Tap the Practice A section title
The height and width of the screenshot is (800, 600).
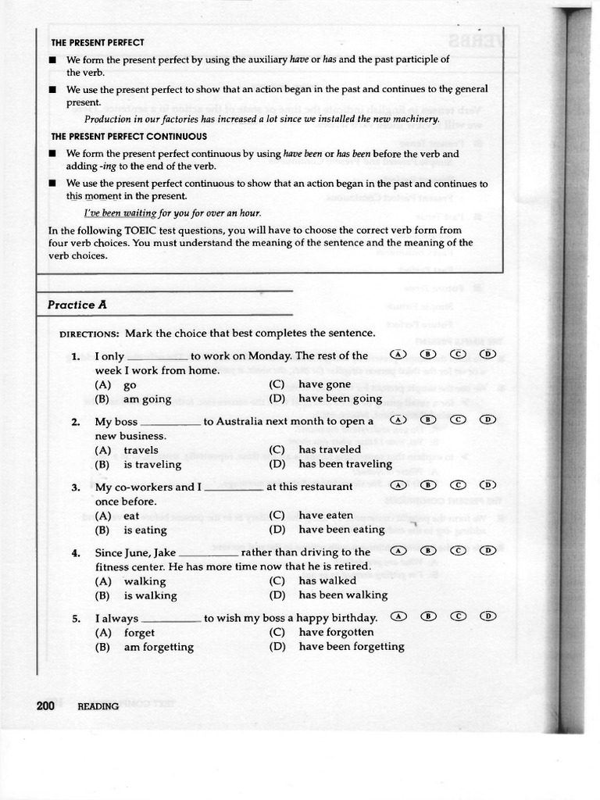tap(77, 305)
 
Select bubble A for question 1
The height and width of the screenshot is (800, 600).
tap(399, 354)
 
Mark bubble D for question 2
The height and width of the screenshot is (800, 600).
tap(487, 420)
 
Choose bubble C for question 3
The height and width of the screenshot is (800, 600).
tap(458, 484)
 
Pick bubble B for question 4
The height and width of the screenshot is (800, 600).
tap(427, 550)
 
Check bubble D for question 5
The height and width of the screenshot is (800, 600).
tap(487, 616)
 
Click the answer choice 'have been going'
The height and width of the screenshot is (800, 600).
tap(340, 398)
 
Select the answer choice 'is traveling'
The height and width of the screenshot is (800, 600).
tap(152, 464)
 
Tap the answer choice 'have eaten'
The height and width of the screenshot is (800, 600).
tap(326, 515)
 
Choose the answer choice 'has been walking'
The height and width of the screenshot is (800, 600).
tap(343, 595)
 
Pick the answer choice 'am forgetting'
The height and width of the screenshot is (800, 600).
tap(159, 647)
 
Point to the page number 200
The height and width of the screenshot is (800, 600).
tap(45, 705)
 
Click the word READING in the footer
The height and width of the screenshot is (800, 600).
tap(98, 706)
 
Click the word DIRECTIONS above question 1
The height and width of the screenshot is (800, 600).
tap(89, 334)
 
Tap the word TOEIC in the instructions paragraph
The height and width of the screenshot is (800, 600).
tap(140, 230)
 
